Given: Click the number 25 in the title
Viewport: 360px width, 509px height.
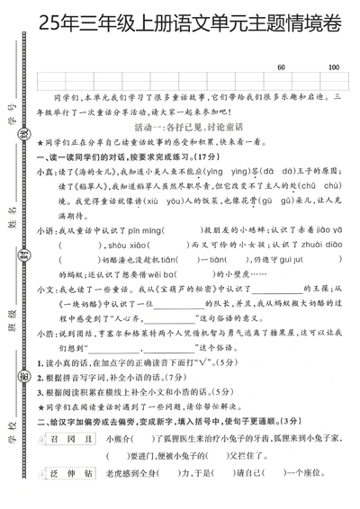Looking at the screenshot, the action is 40,26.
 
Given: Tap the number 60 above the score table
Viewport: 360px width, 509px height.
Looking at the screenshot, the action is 281,67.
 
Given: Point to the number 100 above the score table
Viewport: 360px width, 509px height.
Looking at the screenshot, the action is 333,67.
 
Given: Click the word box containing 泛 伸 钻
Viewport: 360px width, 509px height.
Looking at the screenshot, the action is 68,494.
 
